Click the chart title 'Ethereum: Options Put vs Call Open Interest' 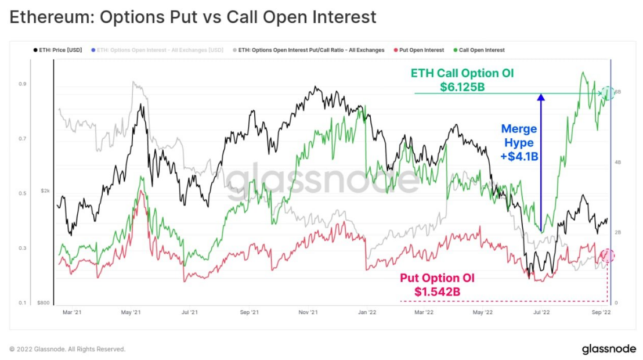coord(193,17)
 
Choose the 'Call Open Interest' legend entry coord(481,50)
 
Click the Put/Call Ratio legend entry coord(311,50)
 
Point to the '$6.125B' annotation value coord(463,87)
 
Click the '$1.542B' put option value coord(437,291)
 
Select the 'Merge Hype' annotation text coord(519,135)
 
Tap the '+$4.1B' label coord(519,156)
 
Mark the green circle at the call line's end coord(608,92)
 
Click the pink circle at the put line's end coord(608,255)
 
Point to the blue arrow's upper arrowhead coord(541,97)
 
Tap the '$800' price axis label coord(44,303)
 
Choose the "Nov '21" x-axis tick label coord(308,312)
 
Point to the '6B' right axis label coord(618,92)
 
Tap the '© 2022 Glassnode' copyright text coord(67,349)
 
